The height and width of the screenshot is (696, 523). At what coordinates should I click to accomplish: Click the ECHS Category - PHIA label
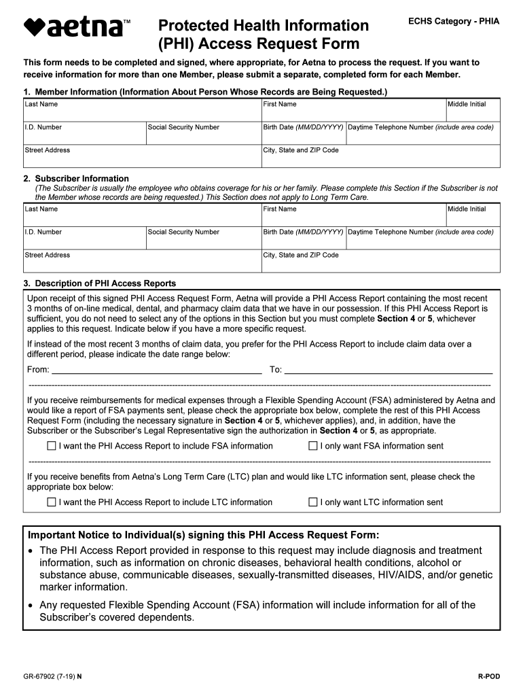coord(453,22)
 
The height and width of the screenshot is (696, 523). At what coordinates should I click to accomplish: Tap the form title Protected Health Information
coord(264,26)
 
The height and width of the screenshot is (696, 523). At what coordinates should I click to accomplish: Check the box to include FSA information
coord(52,447)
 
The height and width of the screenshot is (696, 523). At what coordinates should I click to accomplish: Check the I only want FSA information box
coord(313,447)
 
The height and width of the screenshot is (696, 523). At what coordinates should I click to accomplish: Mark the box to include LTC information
coord(52,503)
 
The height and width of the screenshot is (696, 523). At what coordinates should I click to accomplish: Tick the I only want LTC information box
coord(313,503)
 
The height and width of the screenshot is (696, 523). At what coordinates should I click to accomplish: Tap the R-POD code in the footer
coord(488,677)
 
